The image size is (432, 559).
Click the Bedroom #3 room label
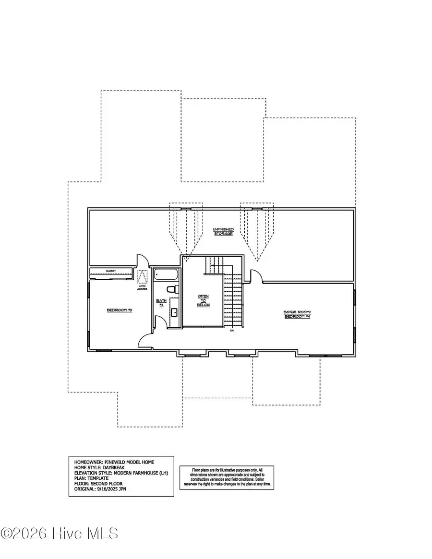click(119, 310)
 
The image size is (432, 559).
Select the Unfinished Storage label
click(223, 232)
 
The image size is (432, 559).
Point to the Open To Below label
click(203, 301)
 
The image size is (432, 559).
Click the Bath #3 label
click(161, 303)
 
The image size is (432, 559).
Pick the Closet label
click(111, 271)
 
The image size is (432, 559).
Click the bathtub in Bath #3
click(166, 275)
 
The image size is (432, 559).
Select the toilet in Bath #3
click(173, 289)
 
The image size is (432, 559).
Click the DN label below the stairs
click(231, 331)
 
